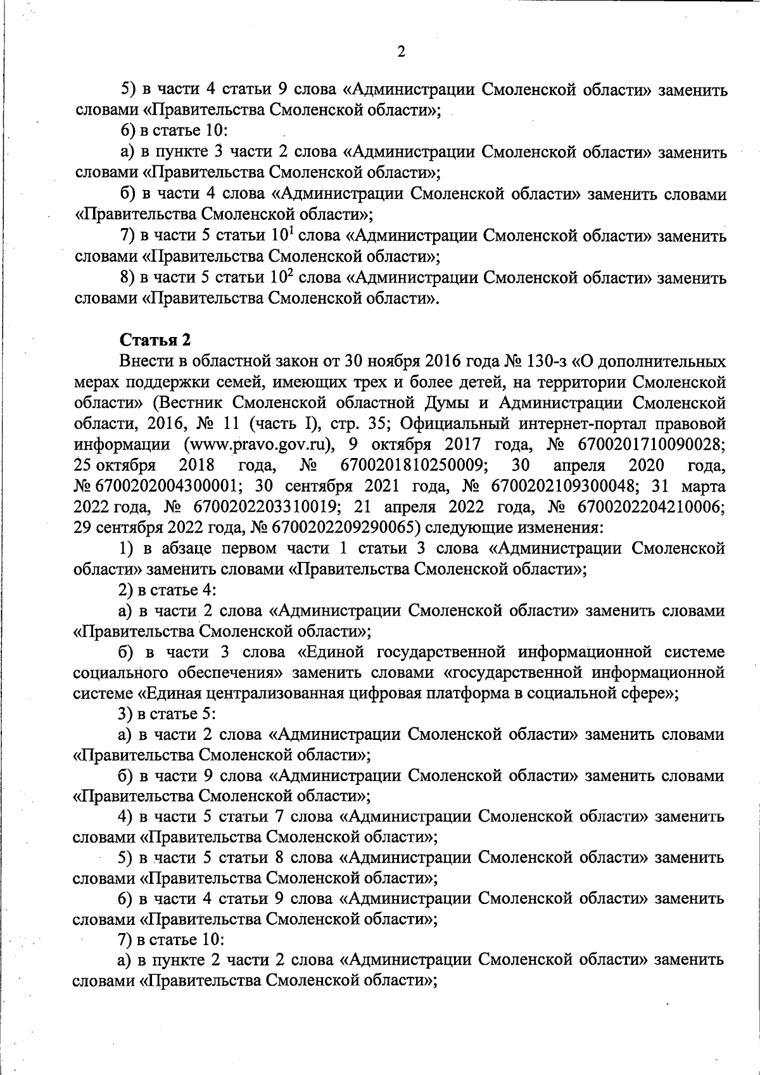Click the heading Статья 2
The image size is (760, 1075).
click(x=155, y=340)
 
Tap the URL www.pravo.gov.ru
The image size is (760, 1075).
click(x=259, y=445)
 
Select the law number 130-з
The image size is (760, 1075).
click(x=545, y=362)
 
